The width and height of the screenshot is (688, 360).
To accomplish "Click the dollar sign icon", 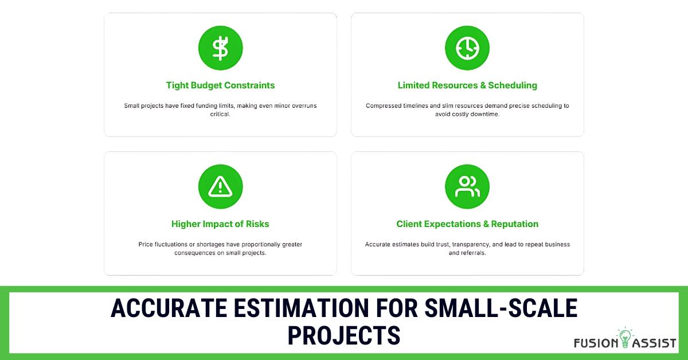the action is coord(221,48).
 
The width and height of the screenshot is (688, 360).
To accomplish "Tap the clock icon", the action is coord(467,48).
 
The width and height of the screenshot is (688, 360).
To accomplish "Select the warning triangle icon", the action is coord(220,186).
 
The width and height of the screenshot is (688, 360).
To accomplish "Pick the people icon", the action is coord(467,186).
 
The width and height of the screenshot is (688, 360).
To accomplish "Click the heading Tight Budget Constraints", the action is coord(220,85).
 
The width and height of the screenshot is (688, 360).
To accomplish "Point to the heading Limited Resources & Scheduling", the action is coord(467,85).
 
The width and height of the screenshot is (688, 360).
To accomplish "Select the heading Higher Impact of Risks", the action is coord(220,224).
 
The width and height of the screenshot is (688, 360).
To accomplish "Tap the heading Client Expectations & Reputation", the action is coord(467,224).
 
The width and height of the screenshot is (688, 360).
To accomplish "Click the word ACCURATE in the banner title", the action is coord(169,308).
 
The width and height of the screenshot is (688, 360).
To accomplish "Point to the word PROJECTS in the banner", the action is coord(344,335).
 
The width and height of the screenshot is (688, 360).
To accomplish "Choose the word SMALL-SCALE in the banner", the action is coord(501,308).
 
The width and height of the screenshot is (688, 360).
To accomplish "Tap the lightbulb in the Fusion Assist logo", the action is coord(625,337).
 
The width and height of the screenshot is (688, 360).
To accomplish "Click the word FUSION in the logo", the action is coord(596,343).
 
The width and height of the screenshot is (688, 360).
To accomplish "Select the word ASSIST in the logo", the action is coord(654,343).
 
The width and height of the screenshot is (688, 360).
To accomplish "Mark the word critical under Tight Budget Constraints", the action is coord(220,114).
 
